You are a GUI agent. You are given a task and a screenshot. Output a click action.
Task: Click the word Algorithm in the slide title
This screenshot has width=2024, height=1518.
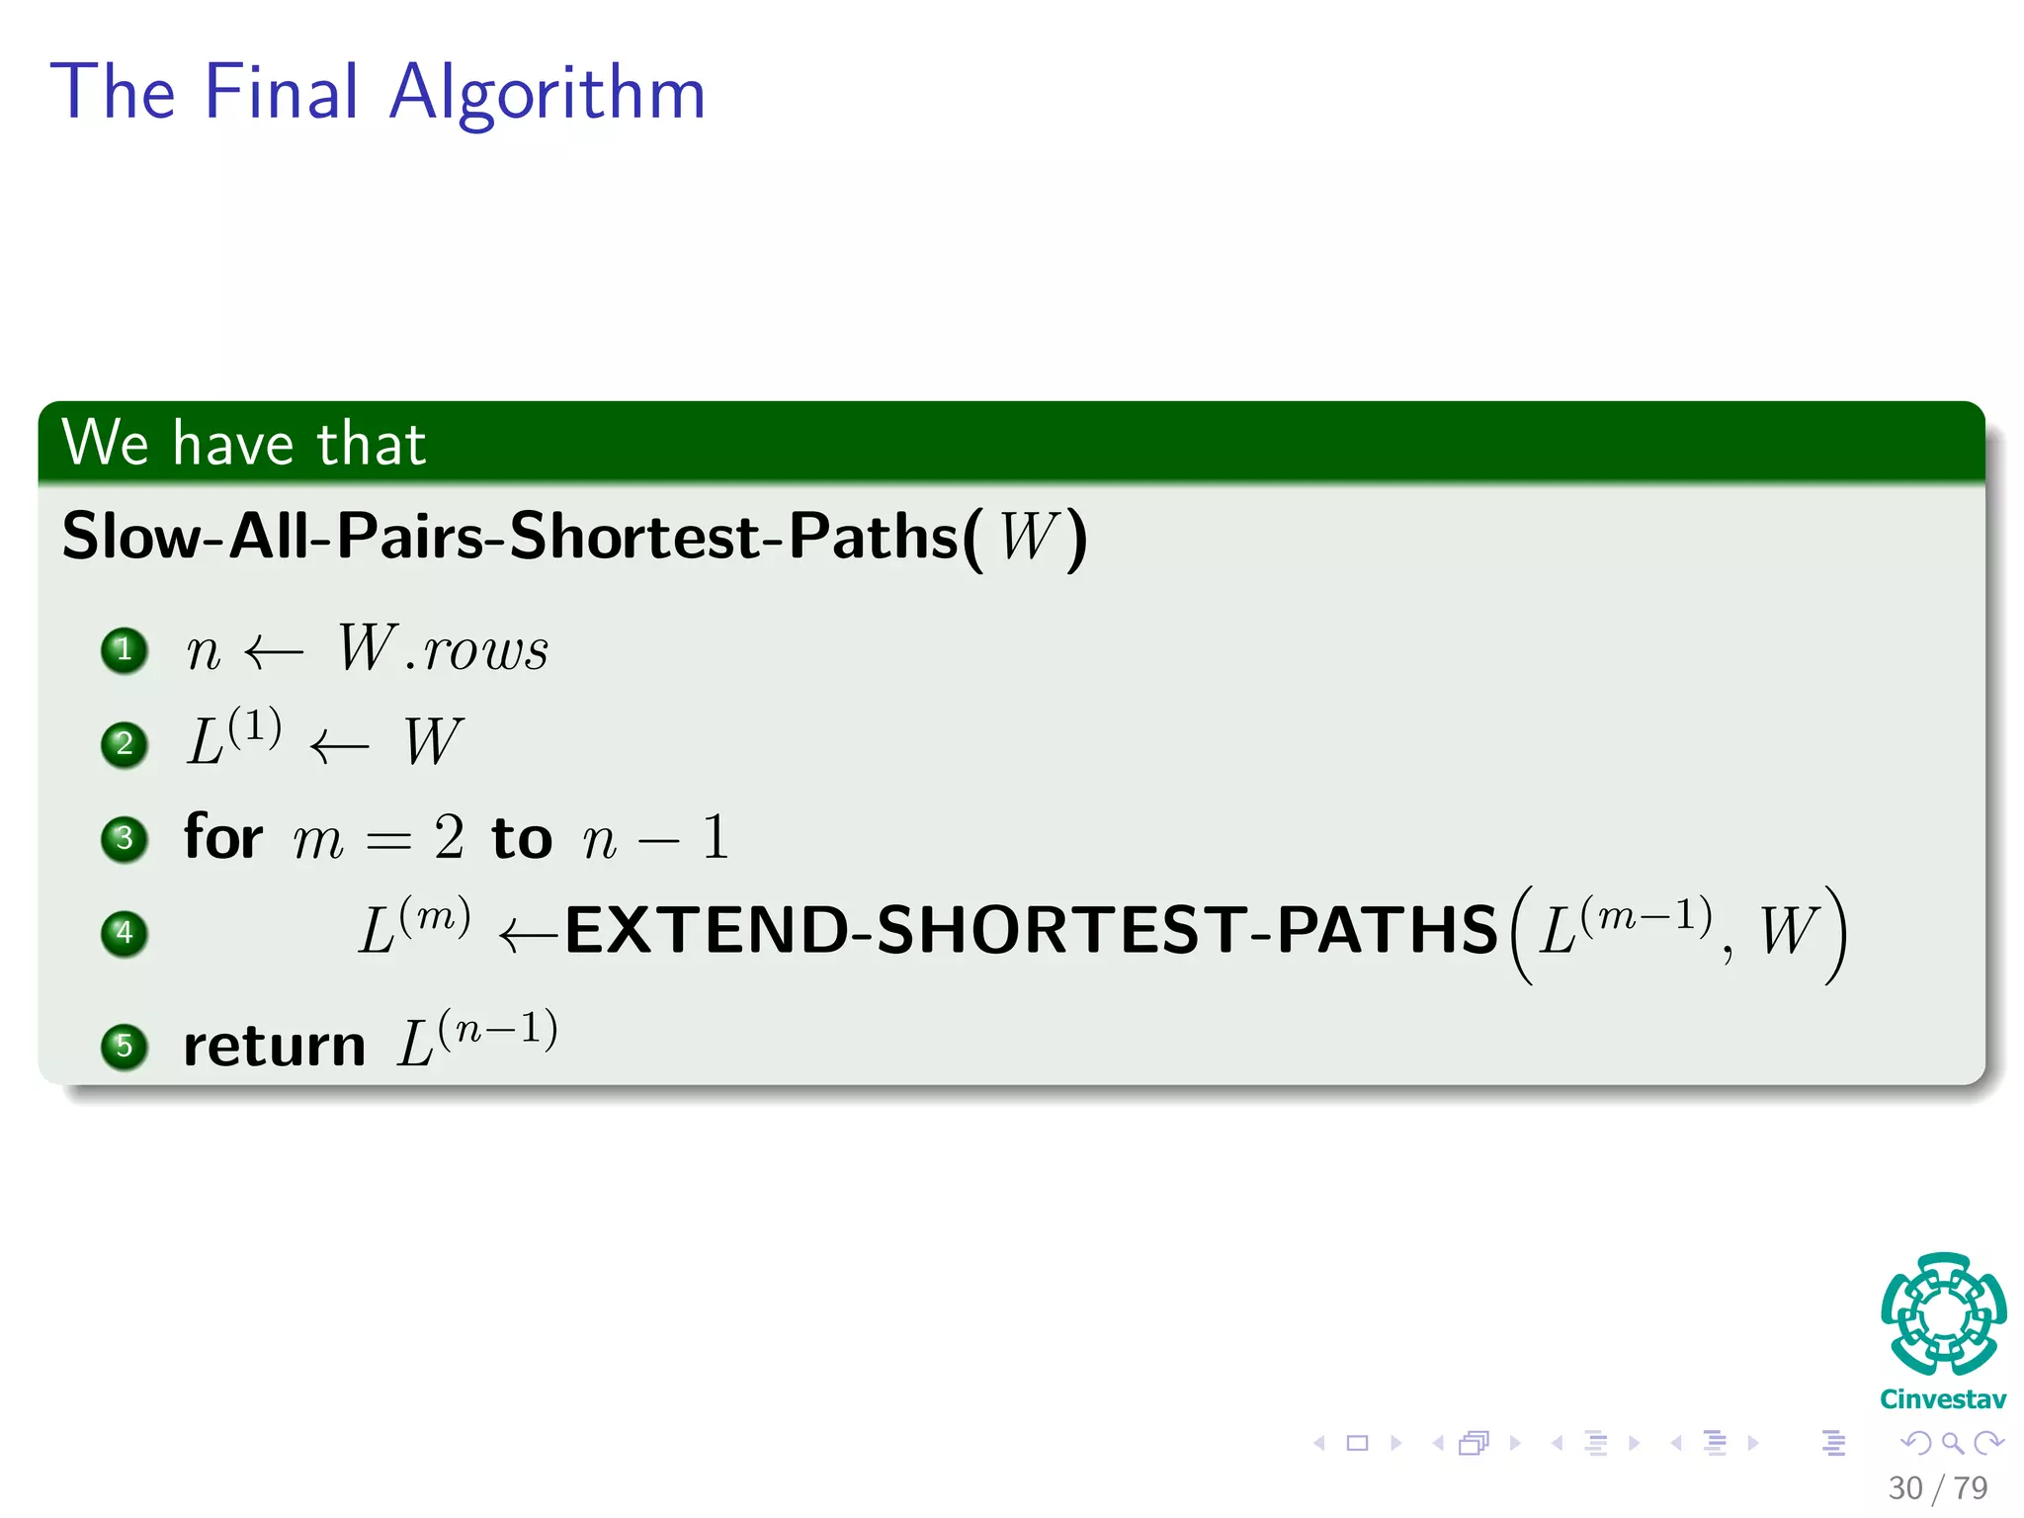click(x=548, y=94)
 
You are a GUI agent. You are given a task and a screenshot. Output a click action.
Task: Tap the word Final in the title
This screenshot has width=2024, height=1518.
click(x=282, y=92)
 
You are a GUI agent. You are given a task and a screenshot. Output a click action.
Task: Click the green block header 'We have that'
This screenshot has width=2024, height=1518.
click(x=243, y=443)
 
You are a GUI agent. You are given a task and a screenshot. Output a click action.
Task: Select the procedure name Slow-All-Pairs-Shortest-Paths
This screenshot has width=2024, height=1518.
click(x=510, y=537)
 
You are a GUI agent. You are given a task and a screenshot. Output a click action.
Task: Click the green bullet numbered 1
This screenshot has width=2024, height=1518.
click(x=125, y=650)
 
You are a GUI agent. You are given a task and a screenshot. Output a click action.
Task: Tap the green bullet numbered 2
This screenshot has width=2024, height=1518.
click(x=125, y=744)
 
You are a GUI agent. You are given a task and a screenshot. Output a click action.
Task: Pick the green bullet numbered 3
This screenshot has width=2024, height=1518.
click(x=125, y=839)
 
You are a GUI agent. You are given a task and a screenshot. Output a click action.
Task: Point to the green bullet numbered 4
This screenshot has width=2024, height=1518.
click(x=125, y=933)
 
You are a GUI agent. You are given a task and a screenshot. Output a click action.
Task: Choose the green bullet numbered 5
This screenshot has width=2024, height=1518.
click(x=125, y=1046)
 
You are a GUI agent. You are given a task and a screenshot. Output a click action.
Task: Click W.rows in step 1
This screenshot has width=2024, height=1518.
click(x=443, y=650)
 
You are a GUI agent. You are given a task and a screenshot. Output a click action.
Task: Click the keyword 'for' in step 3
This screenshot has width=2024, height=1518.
click(x=223, y=837)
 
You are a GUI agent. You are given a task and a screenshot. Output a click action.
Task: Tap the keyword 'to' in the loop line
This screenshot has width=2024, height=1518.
click(x=522, y=839)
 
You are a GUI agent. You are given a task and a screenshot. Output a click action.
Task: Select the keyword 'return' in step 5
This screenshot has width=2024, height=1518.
click(x=275, y=1046)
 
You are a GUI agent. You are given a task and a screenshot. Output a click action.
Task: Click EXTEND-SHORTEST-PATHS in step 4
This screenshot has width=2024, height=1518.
click(x=1031, y=931)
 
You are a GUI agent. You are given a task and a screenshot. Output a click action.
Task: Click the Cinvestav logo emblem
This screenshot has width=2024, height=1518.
click(x=1943, y=1314)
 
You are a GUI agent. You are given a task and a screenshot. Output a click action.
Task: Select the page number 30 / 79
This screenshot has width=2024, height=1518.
click(x=1937, y=1487)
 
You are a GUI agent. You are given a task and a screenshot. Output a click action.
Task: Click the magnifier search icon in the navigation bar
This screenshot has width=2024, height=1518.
click(x=1952, y=1443)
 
